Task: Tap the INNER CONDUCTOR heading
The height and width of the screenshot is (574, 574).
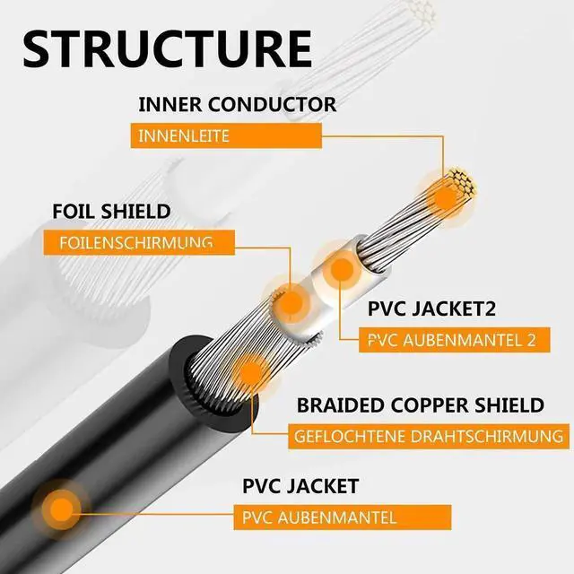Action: (x=237, y=104)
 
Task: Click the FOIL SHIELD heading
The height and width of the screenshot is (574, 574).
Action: (x=110, y=212)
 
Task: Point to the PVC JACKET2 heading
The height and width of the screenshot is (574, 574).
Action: (x=432, y=309)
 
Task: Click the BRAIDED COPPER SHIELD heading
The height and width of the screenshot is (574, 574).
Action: (x=419, y=405)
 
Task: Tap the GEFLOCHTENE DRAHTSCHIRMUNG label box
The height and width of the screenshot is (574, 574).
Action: (x=430, y=438)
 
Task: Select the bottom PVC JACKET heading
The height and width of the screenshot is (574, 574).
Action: (x=300, y=487)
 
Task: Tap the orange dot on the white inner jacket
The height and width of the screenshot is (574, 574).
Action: (x=340, y=268)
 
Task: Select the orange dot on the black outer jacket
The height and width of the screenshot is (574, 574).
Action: (x=61, y=508)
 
